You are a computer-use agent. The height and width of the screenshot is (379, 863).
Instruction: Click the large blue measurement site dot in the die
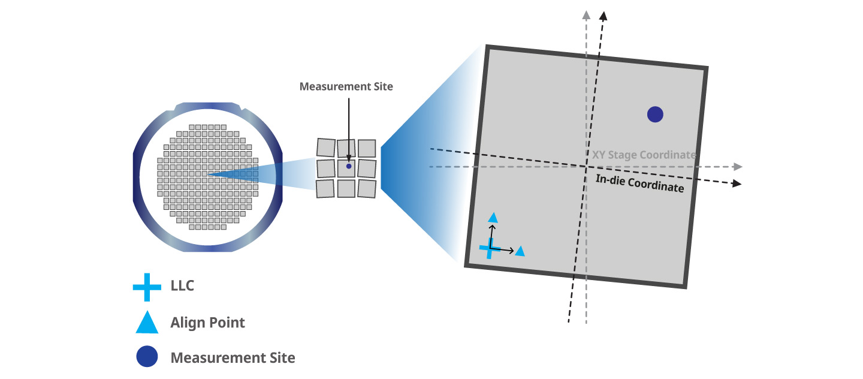(655, 114)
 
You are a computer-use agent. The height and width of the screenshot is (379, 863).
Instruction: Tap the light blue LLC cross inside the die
(490, 248)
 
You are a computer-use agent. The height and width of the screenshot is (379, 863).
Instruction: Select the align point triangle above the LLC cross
(493, 217)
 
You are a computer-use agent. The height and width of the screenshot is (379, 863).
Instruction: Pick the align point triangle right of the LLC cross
(520, 251)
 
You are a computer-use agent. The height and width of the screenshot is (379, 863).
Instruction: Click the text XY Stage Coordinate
(644, 155)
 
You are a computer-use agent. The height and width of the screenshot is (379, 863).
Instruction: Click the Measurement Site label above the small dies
(346, 87)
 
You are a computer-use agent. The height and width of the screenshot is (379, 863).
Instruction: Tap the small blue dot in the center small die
(348, 166)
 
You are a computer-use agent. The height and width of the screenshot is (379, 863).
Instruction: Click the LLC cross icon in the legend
(147, 287)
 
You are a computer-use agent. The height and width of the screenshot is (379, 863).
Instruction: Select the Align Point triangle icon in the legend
(147, 324)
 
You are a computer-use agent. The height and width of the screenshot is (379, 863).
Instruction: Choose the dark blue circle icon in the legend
(147, 357)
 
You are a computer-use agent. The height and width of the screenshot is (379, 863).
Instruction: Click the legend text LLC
(182, 286)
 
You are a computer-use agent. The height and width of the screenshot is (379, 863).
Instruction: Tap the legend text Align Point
(207, 323)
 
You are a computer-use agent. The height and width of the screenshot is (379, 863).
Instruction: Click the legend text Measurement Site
(233, 358)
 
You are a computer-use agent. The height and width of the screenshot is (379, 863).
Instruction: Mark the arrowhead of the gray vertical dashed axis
(586, 15)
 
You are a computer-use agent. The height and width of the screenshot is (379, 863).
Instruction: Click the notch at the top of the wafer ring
(207, 106)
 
